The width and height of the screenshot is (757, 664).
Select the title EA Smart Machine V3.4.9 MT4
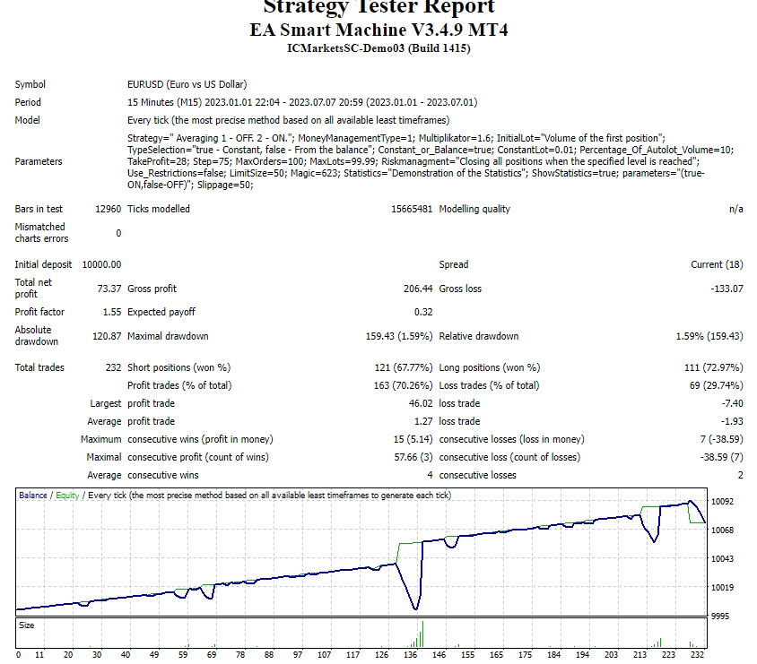click(x=378, y=30)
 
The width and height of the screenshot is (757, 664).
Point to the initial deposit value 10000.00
click(x=101, y=264)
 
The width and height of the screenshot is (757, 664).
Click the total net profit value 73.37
click(x=109, y=289)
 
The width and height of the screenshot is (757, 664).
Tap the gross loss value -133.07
click(x=724, y=289)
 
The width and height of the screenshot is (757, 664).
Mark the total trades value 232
click(x=112, y=367)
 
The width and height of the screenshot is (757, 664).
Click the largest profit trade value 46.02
click(x=420, y=403)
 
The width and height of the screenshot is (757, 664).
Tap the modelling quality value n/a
click(x=735, y=209)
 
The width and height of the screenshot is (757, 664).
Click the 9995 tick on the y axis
click(x=721, y=617)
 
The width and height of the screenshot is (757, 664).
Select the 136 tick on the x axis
click(x=411, y=655)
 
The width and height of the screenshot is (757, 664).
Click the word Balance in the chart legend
click(x=33, y=495)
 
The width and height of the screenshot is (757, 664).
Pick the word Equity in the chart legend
click(x=67, y=495)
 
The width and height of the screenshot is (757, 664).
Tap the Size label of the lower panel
click(x=27, y=625)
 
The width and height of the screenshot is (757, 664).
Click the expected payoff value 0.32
click(x=423, y=312)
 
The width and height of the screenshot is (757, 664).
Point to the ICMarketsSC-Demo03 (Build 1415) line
click(x=378, y=48)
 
